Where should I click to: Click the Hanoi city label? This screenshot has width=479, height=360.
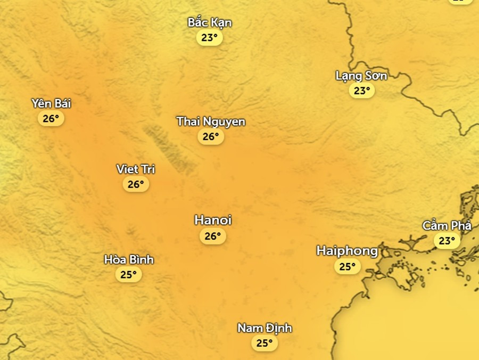pos(213,220)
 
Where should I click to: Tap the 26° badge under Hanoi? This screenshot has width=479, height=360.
pos(213,236)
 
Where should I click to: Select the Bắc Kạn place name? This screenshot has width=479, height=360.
pos(210,22)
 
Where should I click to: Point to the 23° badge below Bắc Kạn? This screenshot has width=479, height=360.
pos(210,38)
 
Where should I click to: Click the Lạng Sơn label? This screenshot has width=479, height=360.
pos(361,76)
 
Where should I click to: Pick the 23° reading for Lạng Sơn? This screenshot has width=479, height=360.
pos(362,91)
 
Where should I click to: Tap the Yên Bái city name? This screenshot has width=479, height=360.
pos(51,103)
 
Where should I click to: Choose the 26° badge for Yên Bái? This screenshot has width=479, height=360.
pos(51,119)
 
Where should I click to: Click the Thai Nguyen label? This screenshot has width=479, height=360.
pos(211,121)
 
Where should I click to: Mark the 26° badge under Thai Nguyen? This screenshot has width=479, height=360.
pos(211,137)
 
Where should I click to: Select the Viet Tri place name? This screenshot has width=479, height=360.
pos(136,169)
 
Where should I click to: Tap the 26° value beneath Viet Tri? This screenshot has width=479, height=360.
pos(136,184)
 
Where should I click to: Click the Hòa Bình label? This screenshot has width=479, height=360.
pos(129,259)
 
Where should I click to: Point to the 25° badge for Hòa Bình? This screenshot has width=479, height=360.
pos(129,275)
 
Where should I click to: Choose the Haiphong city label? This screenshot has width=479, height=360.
pos(347,251)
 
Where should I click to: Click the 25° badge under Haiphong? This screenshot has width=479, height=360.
pos(347,266)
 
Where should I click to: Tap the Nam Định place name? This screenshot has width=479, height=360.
pos(265,328)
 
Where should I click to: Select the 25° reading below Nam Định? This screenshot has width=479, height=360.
pos(265,343)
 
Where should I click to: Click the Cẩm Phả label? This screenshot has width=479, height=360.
pos(447,225)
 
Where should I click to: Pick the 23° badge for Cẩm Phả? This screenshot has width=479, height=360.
pos(447,241)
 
